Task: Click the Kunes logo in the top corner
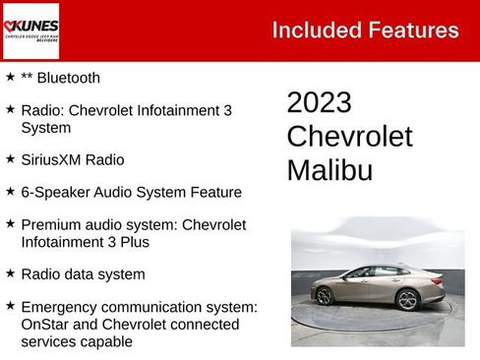click(31, 30)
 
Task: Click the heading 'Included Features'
click(365, 30)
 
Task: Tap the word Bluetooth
click(69, 78)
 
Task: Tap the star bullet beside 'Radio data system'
click(10, 273)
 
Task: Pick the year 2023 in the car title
click(319, 103)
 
